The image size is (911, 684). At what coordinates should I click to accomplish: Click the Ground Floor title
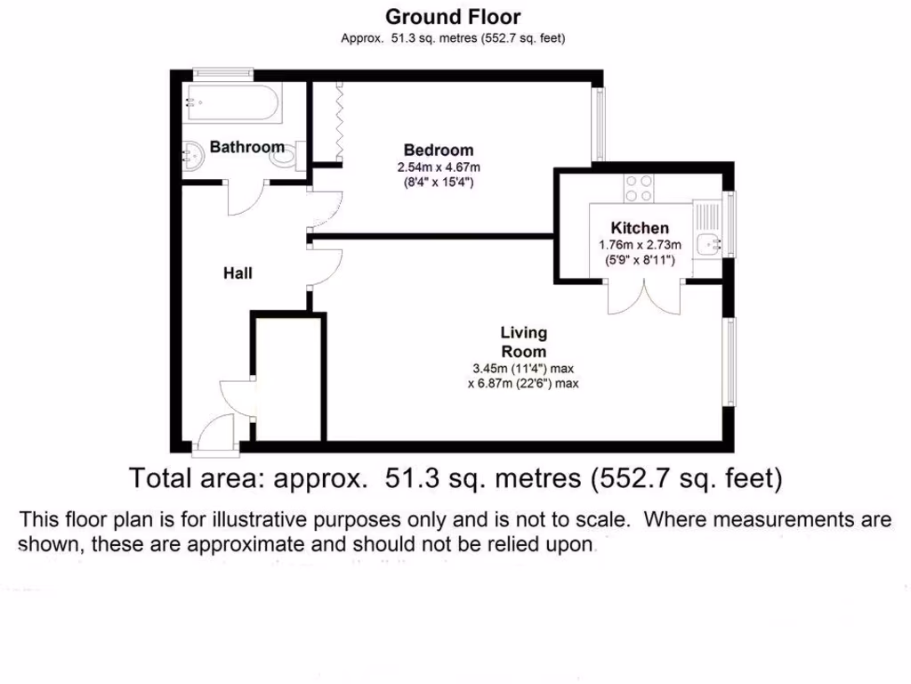pyautogui.click(x=453, y=16)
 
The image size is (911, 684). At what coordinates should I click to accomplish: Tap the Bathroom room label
pyautogui.click(x=246, y=147)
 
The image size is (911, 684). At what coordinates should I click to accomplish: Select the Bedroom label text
pyautogui.click(x=438, y=151)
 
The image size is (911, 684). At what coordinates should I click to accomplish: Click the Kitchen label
pyautogui.click(x=640, y=229)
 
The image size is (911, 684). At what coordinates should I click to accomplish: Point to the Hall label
pyautogui.click(x=238, y=273)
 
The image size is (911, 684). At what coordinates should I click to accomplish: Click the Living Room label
pyautogui.click(x=523, y=342)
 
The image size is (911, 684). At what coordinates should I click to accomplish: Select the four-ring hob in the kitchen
pyautogui.click(x=639, y=187)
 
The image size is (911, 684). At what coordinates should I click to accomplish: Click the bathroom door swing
pyautogui.click(x=246, y=198)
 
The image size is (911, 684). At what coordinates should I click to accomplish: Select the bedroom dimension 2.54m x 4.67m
pyautogui.click(x=439, y=167)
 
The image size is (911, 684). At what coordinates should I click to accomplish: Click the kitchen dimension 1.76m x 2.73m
pyautogui.click(x=640, y=246)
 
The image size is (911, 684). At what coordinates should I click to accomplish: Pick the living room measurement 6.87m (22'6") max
pyautogui.click(x=523, y=384)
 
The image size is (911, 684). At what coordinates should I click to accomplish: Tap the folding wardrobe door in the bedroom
pyautogui.click(x=339, y=123)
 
